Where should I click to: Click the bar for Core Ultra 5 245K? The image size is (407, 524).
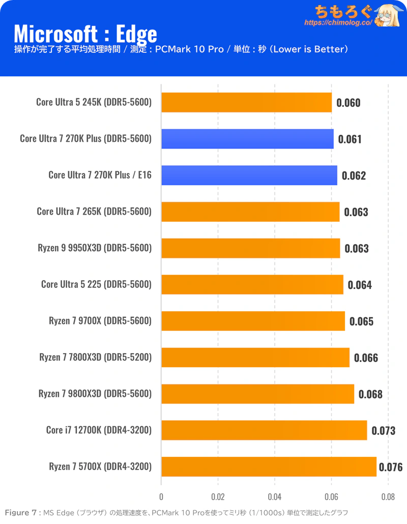tap(246, 102)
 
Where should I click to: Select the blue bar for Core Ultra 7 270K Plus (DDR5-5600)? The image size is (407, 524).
tap(247, 138)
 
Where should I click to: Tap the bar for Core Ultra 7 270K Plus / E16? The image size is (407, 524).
tap(249, 175)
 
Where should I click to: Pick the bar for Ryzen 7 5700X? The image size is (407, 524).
tap(269, 467)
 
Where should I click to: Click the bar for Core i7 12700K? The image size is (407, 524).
tap(264, 430)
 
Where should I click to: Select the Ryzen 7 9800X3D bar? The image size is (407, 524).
tap(257, 394)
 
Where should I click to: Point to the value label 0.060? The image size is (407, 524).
tap(348, 103)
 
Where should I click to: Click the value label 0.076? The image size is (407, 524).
tap(391, 467)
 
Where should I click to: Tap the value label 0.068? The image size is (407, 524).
tap(370, 394)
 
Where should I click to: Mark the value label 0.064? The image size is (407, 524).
tap(360, 285)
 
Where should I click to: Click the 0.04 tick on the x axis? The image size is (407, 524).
tap(275, 497)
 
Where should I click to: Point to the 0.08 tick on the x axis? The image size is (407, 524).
tap(388, 497)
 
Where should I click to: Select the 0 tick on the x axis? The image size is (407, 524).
tap(161, 497)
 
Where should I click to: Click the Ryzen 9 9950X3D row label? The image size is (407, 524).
tap(95, 248)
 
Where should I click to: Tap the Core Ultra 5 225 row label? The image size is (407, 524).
tap(96, 284)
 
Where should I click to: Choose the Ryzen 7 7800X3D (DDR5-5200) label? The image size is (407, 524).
tap(95, 357)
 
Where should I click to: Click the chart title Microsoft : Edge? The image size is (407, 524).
tap(85, 34)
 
